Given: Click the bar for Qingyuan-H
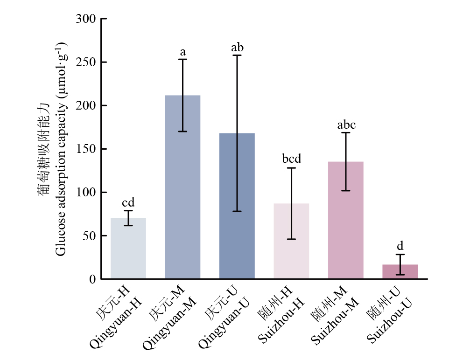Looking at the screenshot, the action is [128, 249].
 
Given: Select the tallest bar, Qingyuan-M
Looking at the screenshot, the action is [182, 187].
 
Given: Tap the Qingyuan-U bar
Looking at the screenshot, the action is [237, 206].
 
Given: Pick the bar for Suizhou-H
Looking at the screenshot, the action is [291, 241].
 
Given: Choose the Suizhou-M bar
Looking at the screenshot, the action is [346, 220].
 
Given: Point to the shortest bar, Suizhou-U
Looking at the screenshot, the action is [400, 272].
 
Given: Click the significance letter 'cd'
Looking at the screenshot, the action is [128, 202].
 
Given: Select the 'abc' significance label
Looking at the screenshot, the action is [346, 125].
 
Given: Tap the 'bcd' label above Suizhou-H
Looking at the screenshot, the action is [292, 159].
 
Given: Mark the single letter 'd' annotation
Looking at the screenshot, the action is [400, 246].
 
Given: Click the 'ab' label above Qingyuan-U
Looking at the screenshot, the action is [237, 48].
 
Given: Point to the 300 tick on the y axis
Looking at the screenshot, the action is [86, 19].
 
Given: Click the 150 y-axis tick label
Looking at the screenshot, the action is [86, 149].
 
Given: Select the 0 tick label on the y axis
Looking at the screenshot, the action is [92, 279].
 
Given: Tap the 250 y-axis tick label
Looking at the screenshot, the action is [86, 62].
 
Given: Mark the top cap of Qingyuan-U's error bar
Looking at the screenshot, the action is [237, 55].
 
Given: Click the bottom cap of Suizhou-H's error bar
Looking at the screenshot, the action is [291, 239].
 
